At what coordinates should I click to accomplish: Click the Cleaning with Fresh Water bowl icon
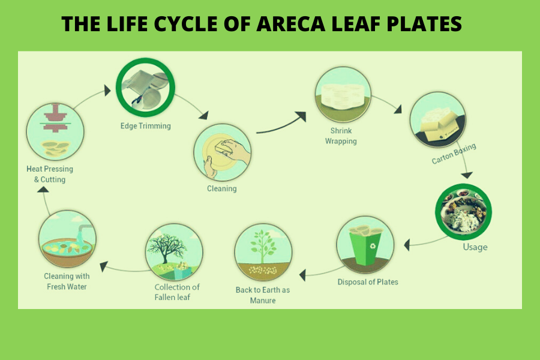tap(66, 239)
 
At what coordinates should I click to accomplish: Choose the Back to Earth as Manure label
tap(262, 295)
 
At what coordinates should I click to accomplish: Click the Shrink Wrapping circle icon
tap(343, 95)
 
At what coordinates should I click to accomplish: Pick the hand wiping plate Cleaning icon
tap(222, 152)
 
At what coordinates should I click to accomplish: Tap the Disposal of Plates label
tap(367, 282)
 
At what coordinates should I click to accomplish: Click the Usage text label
tap(475, 247)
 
